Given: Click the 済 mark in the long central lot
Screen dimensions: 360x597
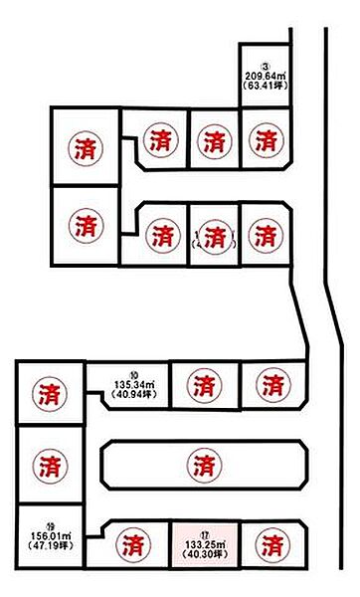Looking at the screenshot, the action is pos(204,464).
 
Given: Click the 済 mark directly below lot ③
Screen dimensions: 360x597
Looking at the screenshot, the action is pos(265,140).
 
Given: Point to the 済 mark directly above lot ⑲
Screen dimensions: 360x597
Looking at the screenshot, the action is pos(48,464).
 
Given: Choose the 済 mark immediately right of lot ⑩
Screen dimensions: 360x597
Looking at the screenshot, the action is pos(202,383).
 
